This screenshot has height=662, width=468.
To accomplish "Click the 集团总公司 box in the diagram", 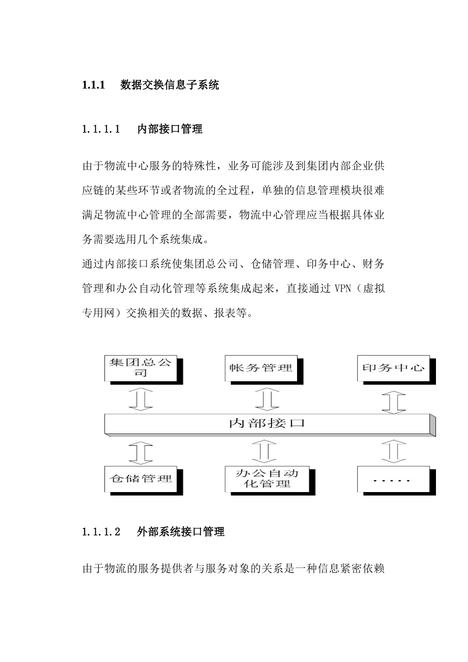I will (141, 368).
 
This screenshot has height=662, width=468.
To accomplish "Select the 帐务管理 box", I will (261, 368).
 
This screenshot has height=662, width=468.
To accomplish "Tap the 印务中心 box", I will (393, 368).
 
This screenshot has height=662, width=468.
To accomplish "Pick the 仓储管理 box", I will (141, 478).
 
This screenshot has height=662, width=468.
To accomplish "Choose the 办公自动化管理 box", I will (267, 479).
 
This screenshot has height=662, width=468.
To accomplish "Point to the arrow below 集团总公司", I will (140, 398).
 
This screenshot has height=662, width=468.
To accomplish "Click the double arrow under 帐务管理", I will (267, 399).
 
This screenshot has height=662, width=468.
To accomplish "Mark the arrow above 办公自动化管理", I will (265, 452).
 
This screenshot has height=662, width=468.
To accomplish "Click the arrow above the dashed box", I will (394, 451).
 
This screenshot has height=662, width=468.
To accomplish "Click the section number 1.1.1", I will (94, 85).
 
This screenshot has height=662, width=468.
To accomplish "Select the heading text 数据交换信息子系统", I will (169, 85).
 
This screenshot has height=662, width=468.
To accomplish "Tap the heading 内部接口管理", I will (169, 130).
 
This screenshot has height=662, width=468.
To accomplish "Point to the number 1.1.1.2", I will (101, 532).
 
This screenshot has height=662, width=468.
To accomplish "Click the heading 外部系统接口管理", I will (181, 532).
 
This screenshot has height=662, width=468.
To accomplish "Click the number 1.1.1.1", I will (101, 130).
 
